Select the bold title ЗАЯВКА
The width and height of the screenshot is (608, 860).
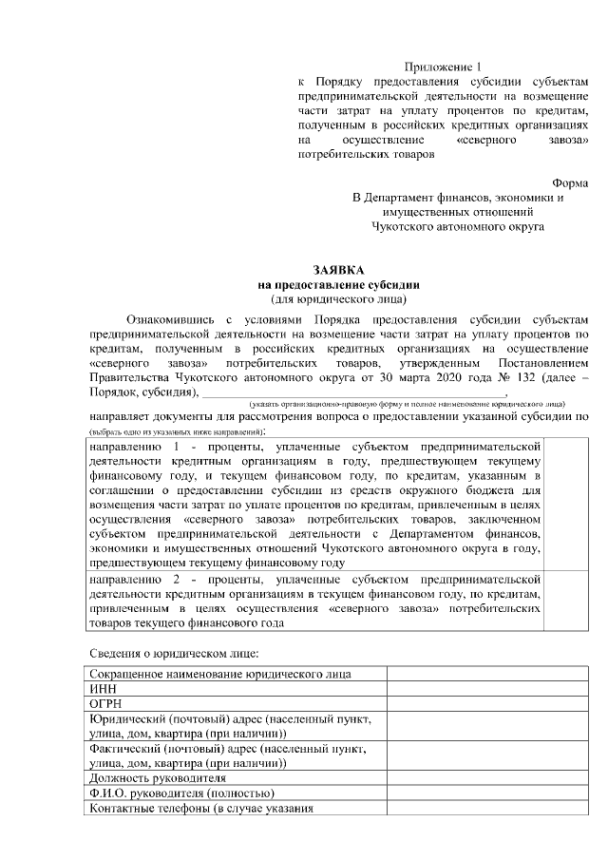(338, 270)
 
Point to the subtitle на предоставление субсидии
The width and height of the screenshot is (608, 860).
(338, 284)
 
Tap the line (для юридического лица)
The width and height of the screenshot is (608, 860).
(338, 298)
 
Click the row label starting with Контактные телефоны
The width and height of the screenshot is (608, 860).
(199, 809)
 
